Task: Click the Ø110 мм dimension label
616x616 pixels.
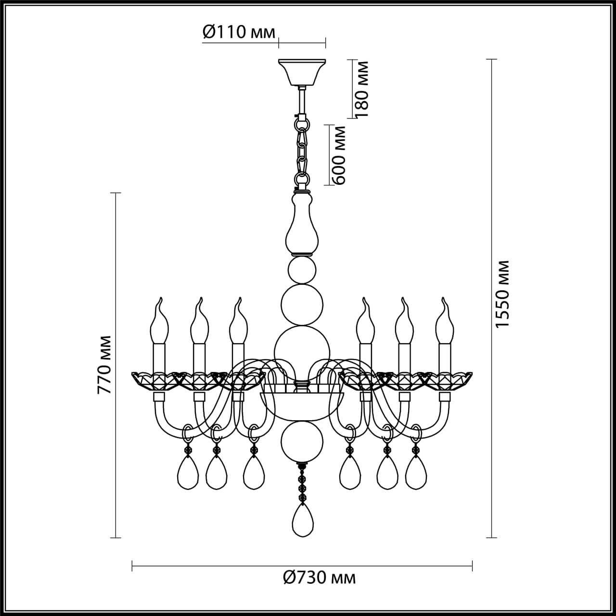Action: pyautogui.click(x=238, y=33)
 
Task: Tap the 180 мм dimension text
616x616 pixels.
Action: pyautogui.click(x=362, y=89)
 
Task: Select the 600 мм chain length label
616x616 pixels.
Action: pyautogui.click(x=339, y=155)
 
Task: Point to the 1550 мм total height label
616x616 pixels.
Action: pyautogui.click(x=502, y=295)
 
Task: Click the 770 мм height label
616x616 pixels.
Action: pyautogui.click(x=104, y=365)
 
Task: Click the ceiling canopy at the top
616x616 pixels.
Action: pyautogui.click(x=302, y=71)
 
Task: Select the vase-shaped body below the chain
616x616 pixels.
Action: pyautogui.click(x=302, y=224)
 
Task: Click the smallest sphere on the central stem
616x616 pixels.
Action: pyautogui.click(x=302, y=269)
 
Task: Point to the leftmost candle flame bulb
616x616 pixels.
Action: pyautogui.click(x=160, y=320)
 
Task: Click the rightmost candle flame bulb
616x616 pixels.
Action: pyautogui.click(x=445, y=320)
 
